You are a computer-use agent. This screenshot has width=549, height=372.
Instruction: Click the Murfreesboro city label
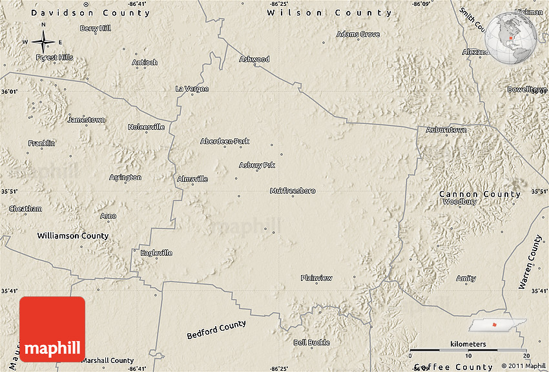click(x=293, y=191)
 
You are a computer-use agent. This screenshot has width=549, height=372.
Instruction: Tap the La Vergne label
click(x=192, y=88)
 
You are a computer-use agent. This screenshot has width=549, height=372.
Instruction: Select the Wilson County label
click(x=329, y=13)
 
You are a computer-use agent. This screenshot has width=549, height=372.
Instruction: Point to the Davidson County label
click(x=90, y=13)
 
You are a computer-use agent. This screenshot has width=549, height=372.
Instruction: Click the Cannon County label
click(x=479, y=194)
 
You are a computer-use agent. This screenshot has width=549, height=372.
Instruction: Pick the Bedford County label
click(x=216, y=330)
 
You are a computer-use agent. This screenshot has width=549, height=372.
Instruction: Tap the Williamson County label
click(x=72, y=236)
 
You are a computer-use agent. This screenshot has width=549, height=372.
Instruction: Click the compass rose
click(x=43, y=43)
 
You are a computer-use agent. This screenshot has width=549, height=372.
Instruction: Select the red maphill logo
click(x=52, y=329)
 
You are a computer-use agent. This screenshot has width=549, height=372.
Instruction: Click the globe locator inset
click(x=511, y=39)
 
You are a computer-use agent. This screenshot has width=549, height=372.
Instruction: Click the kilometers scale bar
click(x=469, y=349)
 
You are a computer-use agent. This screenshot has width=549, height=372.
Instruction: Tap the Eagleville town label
click(x=156, y=253)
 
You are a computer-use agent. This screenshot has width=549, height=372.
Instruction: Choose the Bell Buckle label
click(x=311, y=342)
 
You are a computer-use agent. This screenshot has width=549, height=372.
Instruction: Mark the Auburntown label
click(x=446, y=130)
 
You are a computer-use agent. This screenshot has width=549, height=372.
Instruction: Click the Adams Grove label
click(x=358, y=34)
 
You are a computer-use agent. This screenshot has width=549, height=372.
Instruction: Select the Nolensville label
click(x=146, y=127)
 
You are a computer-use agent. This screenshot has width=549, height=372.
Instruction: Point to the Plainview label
click(x=316, y=278)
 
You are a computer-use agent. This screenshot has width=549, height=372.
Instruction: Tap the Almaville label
click(x=192, y=179)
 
